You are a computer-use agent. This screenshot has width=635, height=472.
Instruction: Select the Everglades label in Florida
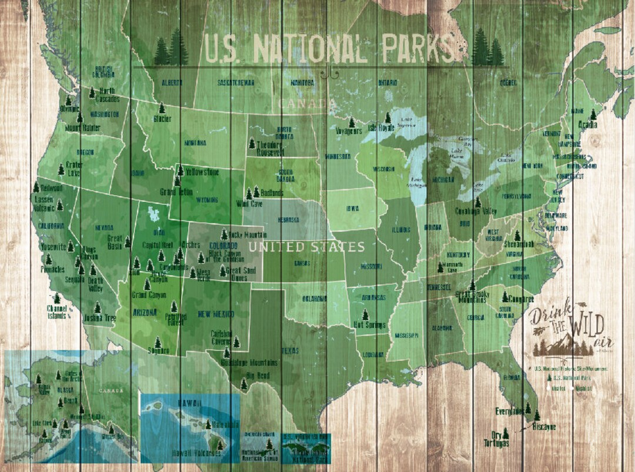click(510, 411)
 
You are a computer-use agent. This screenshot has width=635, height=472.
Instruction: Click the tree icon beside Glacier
click(162, 108)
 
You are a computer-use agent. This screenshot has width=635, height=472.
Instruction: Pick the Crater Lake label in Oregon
click(74, 168)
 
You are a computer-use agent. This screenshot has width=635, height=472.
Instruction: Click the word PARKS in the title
click(419, 48)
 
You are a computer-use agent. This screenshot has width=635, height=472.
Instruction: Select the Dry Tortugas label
click(497, 440)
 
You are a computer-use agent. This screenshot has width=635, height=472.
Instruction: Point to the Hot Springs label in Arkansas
click(369, 325)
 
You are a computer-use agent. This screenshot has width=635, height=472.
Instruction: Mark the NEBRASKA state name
click(288, 220)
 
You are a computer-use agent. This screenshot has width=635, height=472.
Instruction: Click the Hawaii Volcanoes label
click(196, 453)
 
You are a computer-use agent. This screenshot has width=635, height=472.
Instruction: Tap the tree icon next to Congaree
click(504, 296)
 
